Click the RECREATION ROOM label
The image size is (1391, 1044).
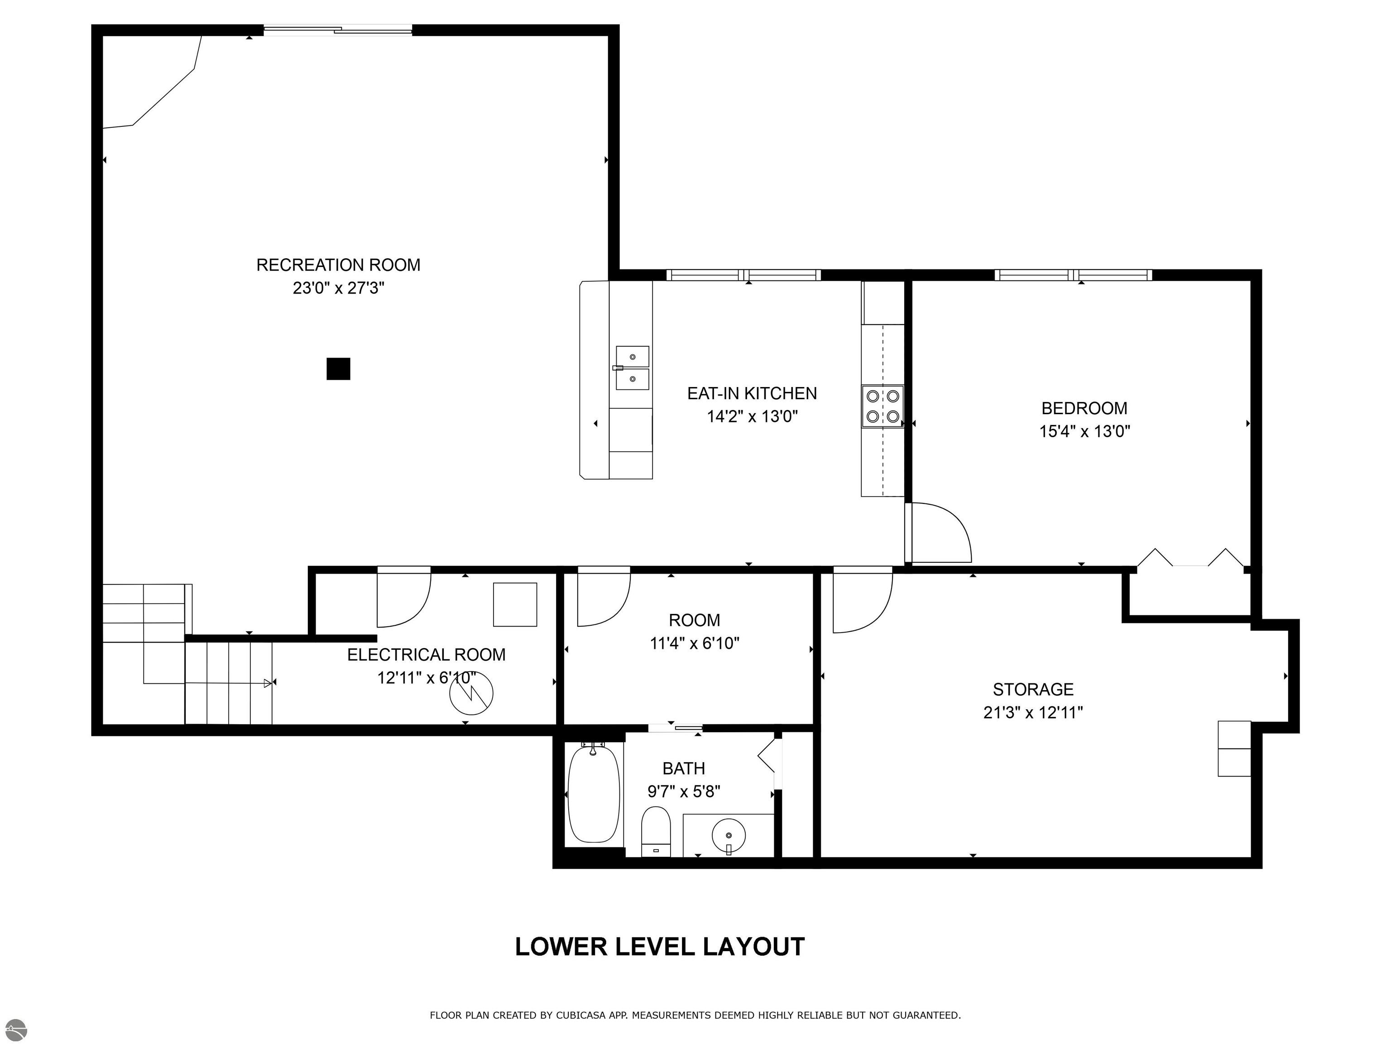[338, 265]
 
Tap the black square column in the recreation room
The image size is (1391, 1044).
[338, 369]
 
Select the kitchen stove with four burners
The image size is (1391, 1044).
[882, 406]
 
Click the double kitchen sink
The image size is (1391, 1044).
[632, 367]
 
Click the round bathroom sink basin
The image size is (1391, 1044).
[729, 836]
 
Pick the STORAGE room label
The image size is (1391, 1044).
[1033, 689]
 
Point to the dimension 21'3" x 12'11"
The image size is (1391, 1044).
[1033, 712]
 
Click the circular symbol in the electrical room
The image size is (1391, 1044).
[471, 693]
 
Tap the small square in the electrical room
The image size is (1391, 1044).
[515, 605]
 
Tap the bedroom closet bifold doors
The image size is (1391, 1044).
[1190, 558]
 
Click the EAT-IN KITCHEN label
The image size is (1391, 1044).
[752, 393]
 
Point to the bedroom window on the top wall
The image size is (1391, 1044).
[1074, 275]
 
